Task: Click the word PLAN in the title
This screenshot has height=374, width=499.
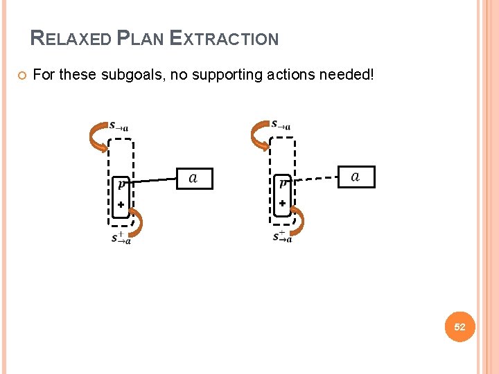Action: point(141,39)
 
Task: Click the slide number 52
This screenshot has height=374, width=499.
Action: point(459,327)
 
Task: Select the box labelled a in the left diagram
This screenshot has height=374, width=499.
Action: point(193,179)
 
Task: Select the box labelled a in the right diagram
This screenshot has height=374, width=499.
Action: point(356,177)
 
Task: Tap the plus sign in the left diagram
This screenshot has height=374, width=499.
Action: point(120,205)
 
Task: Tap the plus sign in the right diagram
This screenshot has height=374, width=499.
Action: point(282,204)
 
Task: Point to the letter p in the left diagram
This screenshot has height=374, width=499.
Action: point(121,184)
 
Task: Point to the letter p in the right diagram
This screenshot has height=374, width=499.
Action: point(283,184)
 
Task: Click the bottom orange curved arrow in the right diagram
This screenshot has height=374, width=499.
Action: point(297,222)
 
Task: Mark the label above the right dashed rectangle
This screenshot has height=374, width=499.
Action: point(281,125)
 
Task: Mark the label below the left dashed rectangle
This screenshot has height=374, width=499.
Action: point(121,238)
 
